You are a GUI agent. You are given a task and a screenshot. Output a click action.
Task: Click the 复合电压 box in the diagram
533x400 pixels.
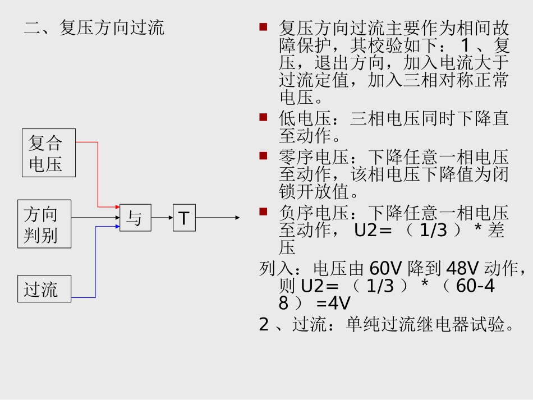pyautogui.click(x=49, y=153)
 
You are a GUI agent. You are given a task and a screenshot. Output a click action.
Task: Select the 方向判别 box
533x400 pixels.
pyautogui.click(x=44, y=224)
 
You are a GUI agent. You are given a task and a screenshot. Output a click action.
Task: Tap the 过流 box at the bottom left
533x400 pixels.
pyautogui.click(x=44, y=289)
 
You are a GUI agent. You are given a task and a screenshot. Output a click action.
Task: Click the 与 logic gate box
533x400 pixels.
pyautogui.click(x=135, y=218)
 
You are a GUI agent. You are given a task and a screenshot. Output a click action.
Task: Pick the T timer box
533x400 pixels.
pyautogui.click(x=184, y=218)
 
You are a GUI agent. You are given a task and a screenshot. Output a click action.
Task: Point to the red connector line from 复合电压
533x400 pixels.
pyautogui.click(x=98, y=174)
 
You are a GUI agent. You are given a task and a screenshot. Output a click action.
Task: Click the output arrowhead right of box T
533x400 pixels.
pyautogui.click(x=237, y=218)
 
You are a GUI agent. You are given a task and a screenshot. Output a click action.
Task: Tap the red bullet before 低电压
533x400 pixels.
pyautogui.click(x=263, y=117)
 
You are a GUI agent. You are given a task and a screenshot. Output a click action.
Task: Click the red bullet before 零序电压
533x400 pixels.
pyautogui.click(x=263, y=155)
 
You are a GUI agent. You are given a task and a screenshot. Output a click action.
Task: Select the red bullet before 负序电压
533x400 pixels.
pyautogui.click(x=263, y=212)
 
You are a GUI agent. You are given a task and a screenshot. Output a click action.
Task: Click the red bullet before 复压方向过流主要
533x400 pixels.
pyautogui.click(x=263, y=26)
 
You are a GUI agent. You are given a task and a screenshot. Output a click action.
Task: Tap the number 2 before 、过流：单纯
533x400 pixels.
pyautogui.click(x=264, y=324)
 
